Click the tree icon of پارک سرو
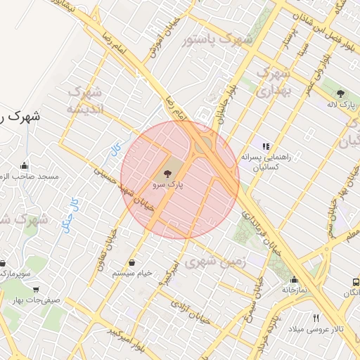point(167,173)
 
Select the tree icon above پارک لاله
point(342,93)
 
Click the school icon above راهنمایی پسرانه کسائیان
point(266,146)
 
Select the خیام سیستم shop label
point(132,273)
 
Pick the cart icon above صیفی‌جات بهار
point(36,289)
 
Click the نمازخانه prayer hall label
point(295,289)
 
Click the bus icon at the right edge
point(356,282)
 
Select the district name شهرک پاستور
point(217,40)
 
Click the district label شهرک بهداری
point(273,82)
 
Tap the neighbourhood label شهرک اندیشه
point(85,101)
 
